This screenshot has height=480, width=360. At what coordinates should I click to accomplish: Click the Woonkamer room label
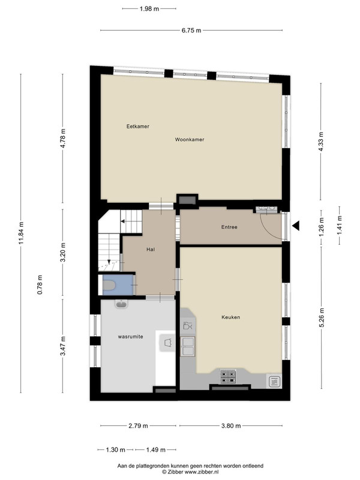(190, 140)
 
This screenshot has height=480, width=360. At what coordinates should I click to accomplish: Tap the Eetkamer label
(138, 127)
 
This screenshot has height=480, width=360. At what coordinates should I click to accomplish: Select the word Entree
(229, 227)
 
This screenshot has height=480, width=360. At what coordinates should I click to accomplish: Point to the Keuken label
(231, 317)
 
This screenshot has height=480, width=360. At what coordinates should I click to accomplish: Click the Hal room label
(151, 250)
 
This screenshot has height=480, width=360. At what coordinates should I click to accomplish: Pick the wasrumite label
(130, 337)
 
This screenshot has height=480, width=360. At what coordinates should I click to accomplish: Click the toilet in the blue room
(109, 286)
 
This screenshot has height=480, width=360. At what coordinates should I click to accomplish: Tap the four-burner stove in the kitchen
(228, 377)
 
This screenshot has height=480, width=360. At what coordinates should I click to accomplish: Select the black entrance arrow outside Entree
(295, 226)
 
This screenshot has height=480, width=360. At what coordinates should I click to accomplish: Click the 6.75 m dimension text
(191, 31)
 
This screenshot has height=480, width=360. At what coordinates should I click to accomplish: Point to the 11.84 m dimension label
(21, 233)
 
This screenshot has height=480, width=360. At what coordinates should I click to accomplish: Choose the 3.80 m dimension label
(231, 426)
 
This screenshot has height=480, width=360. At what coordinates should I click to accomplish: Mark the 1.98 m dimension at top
(149, 9)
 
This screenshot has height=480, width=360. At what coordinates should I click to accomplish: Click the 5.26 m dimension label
(322, 318)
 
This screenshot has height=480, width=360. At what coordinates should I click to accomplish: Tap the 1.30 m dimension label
(115, 450)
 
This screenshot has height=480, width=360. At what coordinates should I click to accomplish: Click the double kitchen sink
(188, 346)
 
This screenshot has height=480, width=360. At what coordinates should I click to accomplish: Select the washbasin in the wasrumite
(122, 304)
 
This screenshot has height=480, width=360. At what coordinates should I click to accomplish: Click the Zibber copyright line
(190, 472)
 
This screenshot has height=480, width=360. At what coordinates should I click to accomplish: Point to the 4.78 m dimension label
(63, 139)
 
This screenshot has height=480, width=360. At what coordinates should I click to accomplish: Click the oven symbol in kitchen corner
(274, 382)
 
